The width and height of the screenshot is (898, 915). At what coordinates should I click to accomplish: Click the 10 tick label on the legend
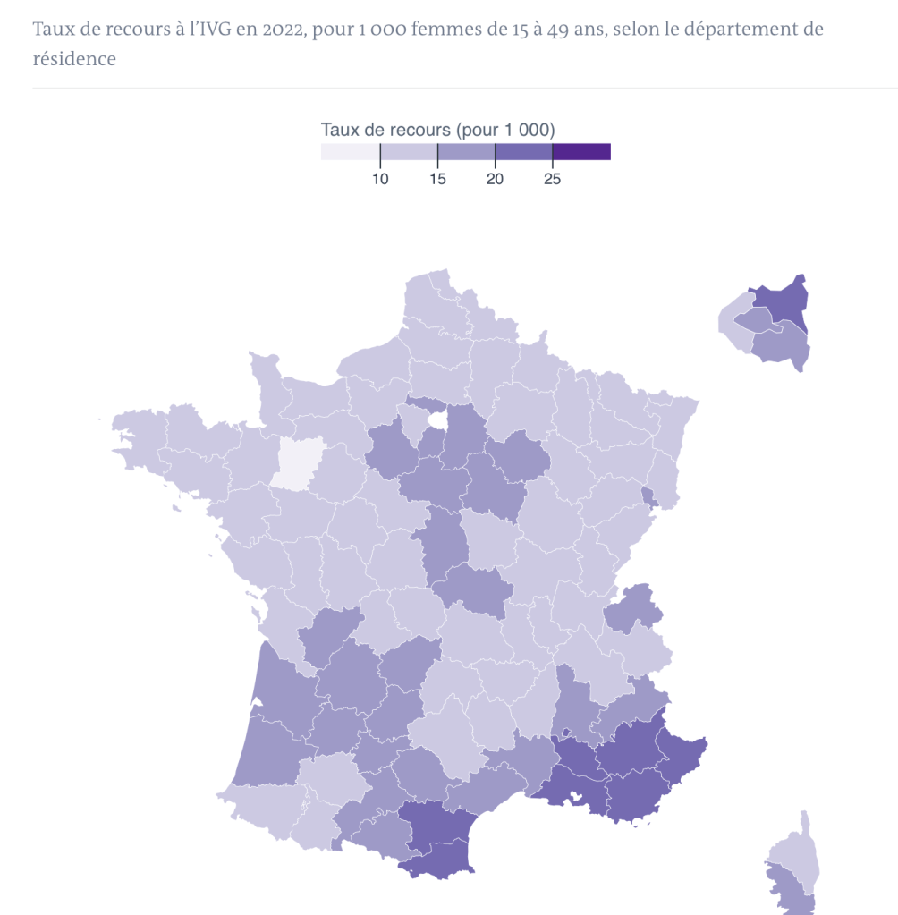pos(380,179)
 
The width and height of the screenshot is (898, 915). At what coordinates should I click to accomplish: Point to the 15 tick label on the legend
pos(437,179)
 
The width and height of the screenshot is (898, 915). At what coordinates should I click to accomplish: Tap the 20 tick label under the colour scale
pos(495,179)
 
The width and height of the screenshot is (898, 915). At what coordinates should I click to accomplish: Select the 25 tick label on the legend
pos(552,179)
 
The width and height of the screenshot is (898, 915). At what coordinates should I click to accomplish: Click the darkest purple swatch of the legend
pos(581,152)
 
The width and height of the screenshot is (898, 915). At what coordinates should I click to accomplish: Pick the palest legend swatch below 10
pos(351,152)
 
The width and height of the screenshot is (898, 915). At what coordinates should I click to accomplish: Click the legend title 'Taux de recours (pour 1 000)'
pos(438,130)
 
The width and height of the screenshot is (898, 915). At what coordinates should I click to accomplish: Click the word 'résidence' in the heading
pos(74,59)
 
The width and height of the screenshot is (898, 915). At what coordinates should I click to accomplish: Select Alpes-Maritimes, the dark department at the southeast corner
pos(682,751)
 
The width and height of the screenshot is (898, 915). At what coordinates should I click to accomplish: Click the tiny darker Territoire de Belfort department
pos(648,496)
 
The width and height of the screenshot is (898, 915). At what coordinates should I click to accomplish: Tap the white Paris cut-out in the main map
pos(437,419)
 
